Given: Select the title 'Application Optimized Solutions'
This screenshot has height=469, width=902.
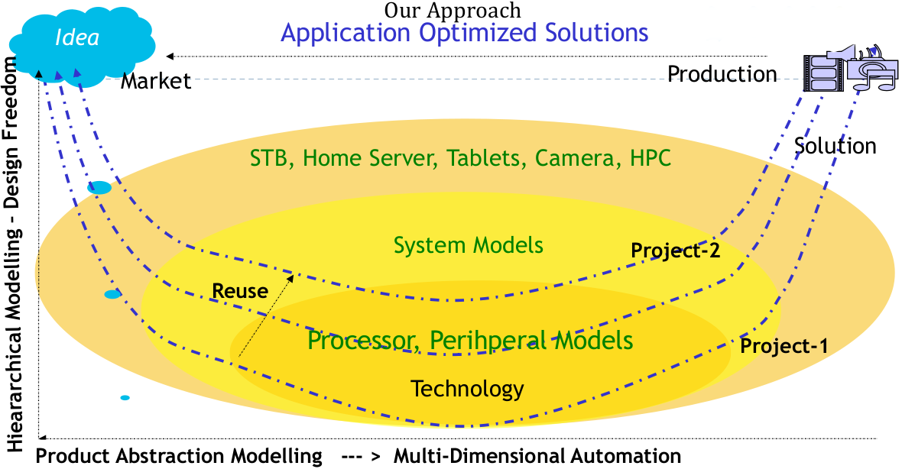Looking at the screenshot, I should (465, 32).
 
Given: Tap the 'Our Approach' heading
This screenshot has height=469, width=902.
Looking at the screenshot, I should (453, 10).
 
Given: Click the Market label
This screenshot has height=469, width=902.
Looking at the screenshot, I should (156, 81).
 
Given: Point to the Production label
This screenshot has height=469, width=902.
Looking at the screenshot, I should (722, 74).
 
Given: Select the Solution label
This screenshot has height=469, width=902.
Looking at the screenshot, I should (835, 145).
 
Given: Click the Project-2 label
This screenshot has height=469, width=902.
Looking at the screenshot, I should (676, 250).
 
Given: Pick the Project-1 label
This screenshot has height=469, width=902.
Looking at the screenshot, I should (784, 346).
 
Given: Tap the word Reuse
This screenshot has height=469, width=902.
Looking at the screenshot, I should (240, 291).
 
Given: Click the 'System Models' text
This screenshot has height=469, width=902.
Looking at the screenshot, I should (469, 245).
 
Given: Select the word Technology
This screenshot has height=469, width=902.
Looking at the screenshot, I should (468, 388).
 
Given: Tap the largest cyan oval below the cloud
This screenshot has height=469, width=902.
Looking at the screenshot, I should (99, 187).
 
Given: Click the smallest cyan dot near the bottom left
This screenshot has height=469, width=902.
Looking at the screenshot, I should (125, 398).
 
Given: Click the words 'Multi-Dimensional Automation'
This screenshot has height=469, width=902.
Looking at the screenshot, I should (537, 456).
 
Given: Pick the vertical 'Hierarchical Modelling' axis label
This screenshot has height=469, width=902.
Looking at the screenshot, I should (17, 252).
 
